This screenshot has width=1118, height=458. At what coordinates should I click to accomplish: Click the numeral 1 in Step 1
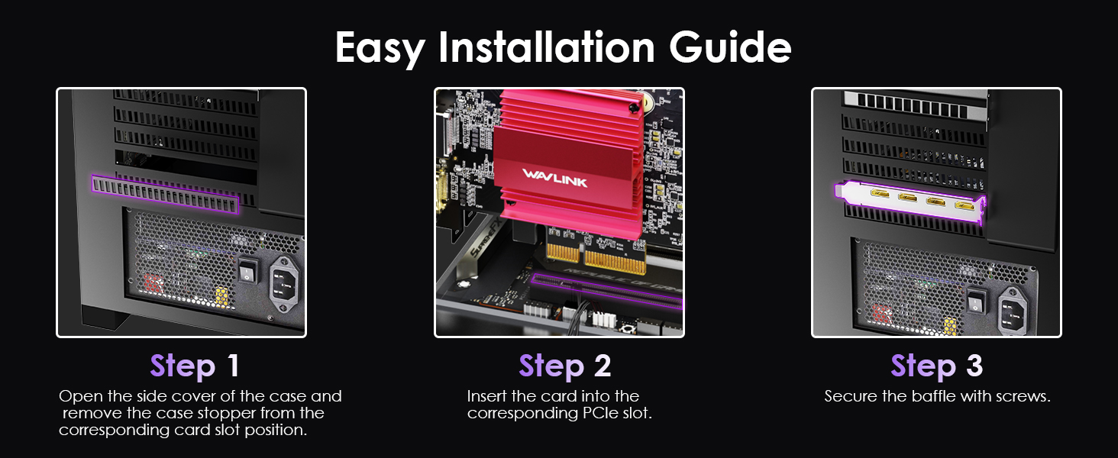tap(232, 366)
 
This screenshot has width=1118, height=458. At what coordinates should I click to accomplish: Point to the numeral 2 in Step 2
tap(603, 366)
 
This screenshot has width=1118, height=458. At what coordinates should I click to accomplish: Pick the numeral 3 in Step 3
tap(974, 366)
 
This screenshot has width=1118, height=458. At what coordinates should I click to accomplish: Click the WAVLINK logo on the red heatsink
tap(555, 175)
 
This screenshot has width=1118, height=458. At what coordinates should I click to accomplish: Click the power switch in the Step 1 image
tap(247, 270)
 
